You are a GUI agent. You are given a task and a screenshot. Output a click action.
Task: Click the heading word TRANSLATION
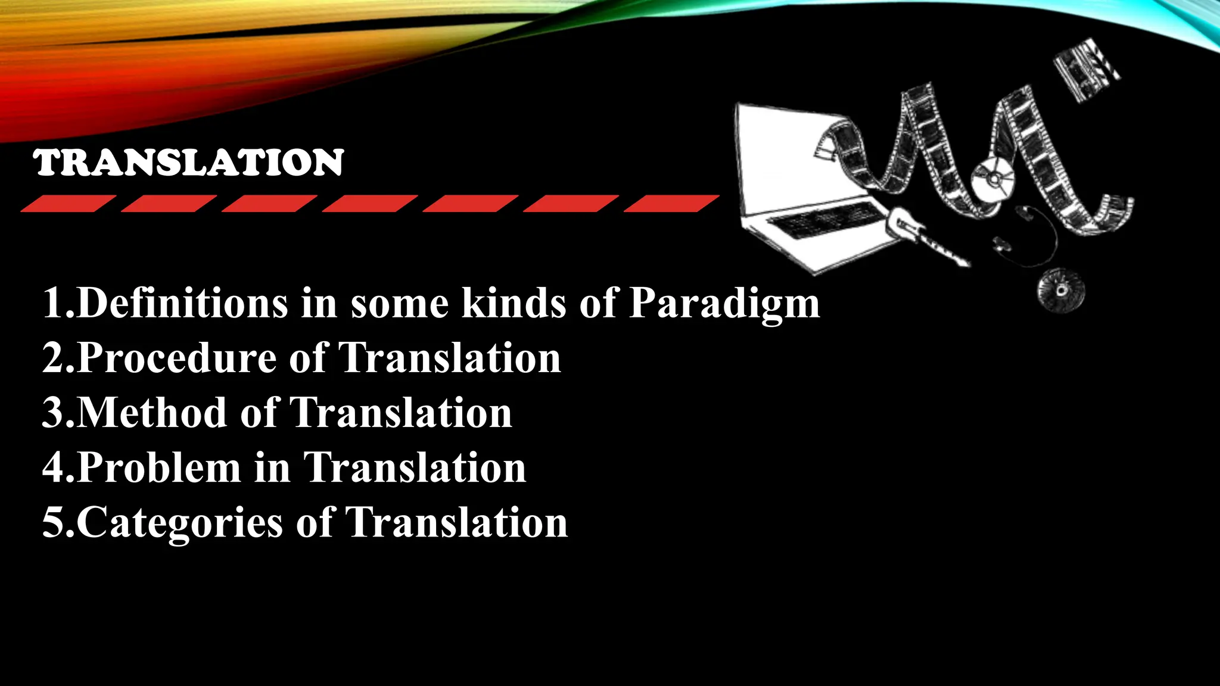pyautogui.click(x=189, y=163)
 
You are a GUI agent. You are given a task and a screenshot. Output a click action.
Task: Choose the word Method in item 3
pyautogui.click(x=152, y=413)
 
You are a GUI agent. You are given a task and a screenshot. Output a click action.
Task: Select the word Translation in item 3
pyautogui.click(x=400, y=413)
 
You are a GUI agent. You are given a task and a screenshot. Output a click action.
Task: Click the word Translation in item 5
pyautogui.click(x=456, y=523)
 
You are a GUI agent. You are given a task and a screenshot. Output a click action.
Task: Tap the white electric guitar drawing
pyautogui.click(x=923, y=238)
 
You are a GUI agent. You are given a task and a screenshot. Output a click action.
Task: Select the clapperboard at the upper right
pyautogui.click(x=1086, y=68)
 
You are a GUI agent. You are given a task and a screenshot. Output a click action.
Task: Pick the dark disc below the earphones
pyautogui.click(x=1061, y=291)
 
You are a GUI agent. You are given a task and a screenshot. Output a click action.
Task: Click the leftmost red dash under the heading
pyautogui.click(x=68, y=204)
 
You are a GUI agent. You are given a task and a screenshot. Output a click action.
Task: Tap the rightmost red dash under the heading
pyautogui.click(x=671, y=204)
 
